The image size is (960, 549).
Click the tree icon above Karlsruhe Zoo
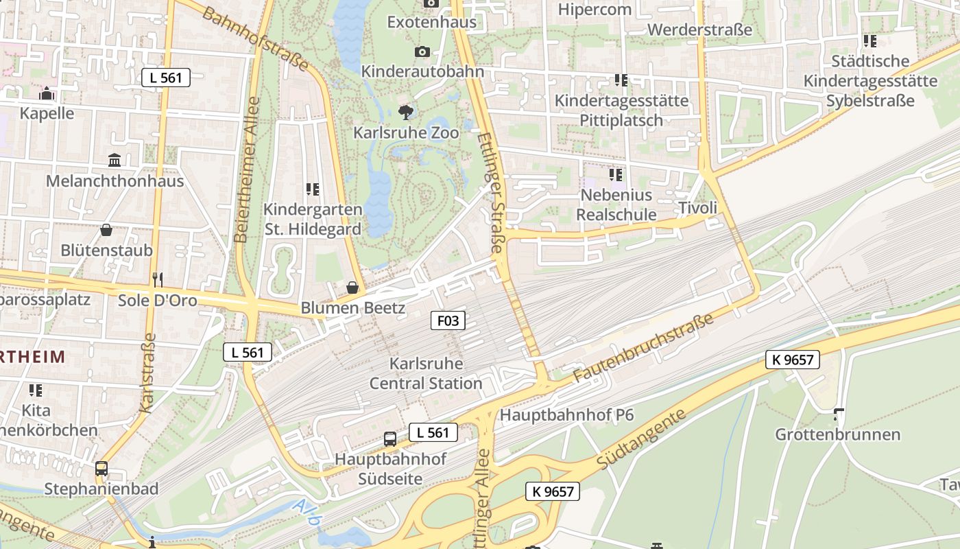(406, 112)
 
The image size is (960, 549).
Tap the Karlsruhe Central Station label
(426, 373)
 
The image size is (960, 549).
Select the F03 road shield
(448, 320)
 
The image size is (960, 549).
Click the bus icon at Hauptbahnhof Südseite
(390, 439)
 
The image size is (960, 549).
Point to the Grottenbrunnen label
(837, 434)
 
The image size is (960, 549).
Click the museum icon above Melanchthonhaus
(115, 161)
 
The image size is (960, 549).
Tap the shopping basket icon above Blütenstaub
(106, 230)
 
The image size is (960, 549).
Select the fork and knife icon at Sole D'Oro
(158, 279)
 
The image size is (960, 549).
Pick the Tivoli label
(697, 208)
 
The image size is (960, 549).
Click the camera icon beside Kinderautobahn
(422, 52)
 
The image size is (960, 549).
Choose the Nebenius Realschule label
(616, 205)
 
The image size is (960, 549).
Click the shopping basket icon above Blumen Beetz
(352, 288)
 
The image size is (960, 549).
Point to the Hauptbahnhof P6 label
(566, 415)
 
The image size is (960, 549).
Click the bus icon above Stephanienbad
(101, 469)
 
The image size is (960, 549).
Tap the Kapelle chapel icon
(47, 94)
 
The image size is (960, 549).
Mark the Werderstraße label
(699, 30)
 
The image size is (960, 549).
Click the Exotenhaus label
(431, 22)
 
